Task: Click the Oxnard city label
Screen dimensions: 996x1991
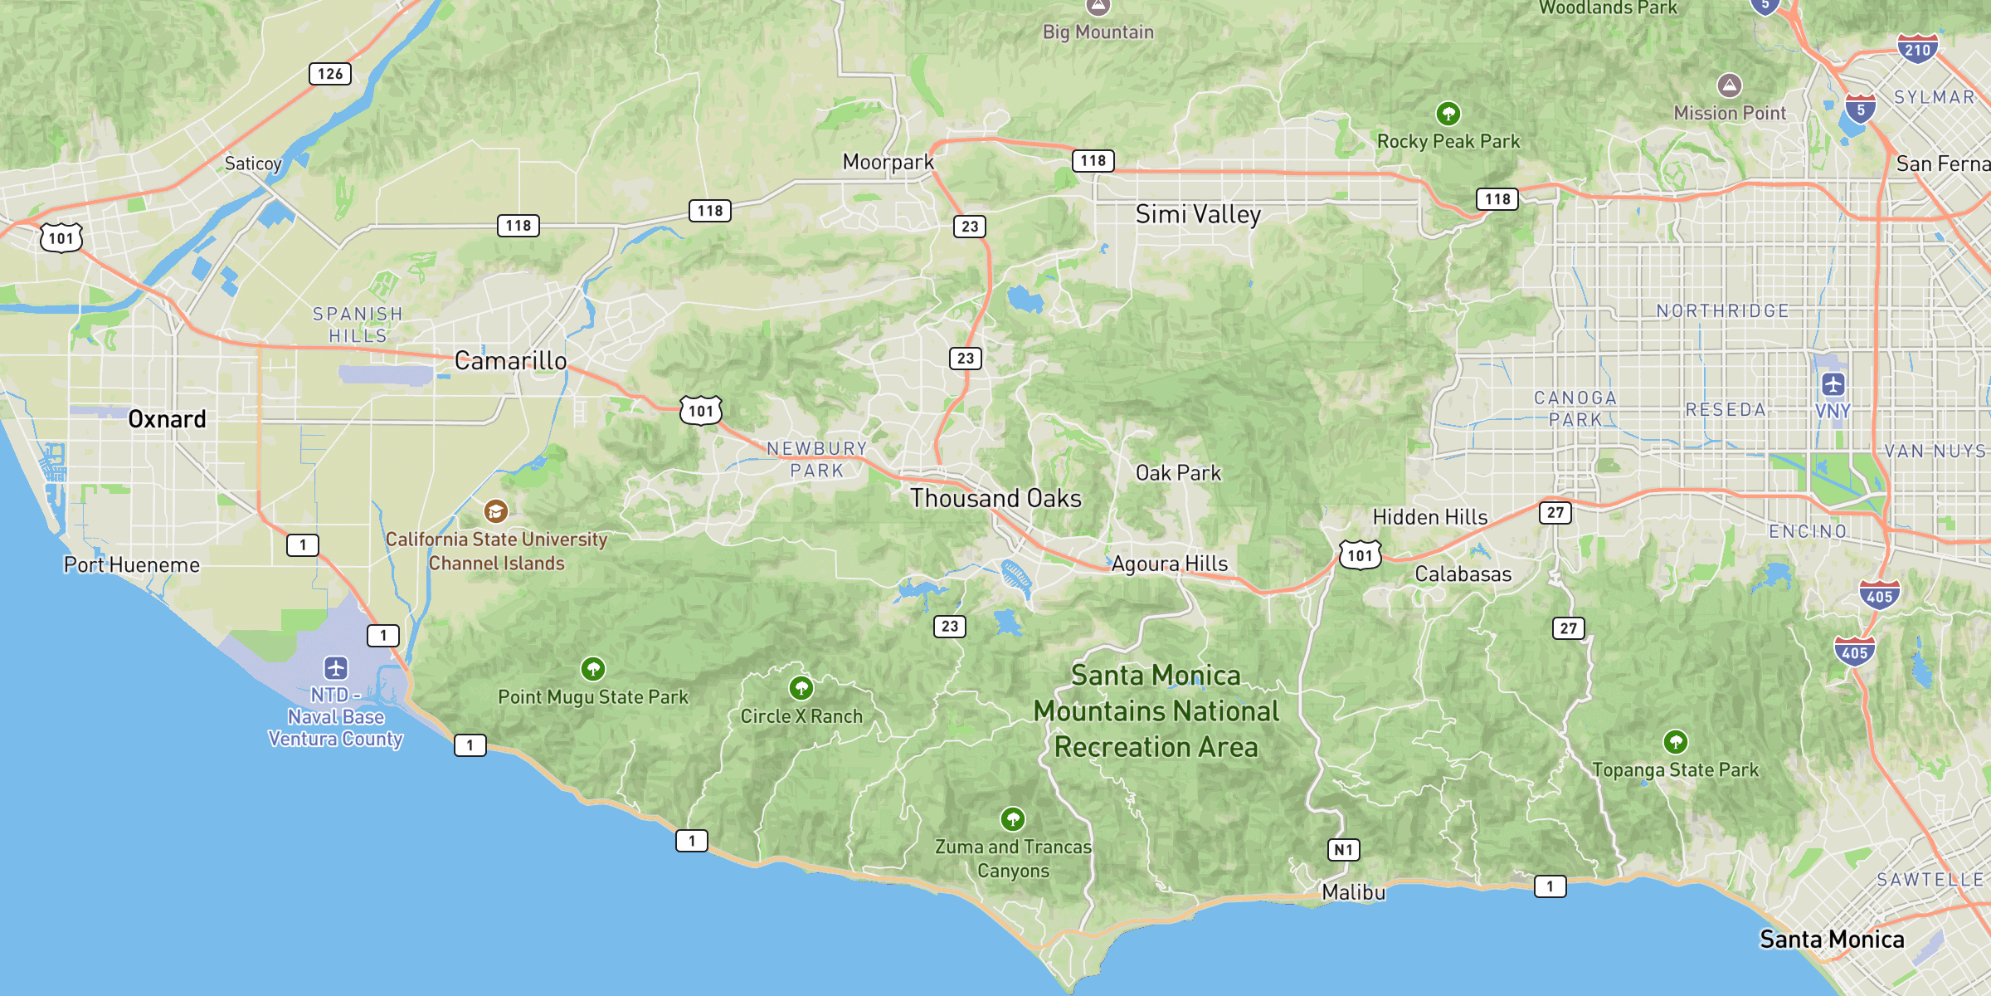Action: [167, 419]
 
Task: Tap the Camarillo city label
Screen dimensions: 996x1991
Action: [510, 361]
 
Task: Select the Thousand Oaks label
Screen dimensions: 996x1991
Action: [995, 498]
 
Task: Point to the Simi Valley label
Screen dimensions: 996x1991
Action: [1198, 214]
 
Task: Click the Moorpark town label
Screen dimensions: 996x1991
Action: [888, 162]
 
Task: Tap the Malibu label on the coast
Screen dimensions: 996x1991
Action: [1353, 892]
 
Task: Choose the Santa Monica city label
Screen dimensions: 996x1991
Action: [1832, 939]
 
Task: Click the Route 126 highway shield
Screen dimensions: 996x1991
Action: [330, 74]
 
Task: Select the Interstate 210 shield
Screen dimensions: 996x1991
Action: [1917, 49]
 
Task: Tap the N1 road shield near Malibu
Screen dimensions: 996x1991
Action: [1344, 849]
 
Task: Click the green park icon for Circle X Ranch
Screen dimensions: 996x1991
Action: [801, 688]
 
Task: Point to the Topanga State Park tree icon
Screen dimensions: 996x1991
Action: [1675, 741]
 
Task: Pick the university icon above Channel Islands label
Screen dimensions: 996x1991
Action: [495, 510]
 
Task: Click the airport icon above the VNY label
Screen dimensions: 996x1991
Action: [1833, 384]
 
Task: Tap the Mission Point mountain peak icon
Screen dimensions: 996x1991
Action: [1729, 85]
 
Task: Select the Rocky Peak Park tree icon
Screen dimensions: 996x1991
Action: [1448, 113]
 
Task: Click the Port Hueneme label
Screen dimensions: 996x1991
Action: [132, 565]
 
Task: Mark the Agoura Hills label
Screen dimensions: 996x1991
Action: [1169, 564]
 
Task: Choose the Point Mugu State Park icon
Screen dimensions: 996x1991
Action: [592, 668]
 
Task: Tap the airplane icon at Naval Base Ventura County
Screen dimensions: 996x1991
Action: [335, 667]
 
